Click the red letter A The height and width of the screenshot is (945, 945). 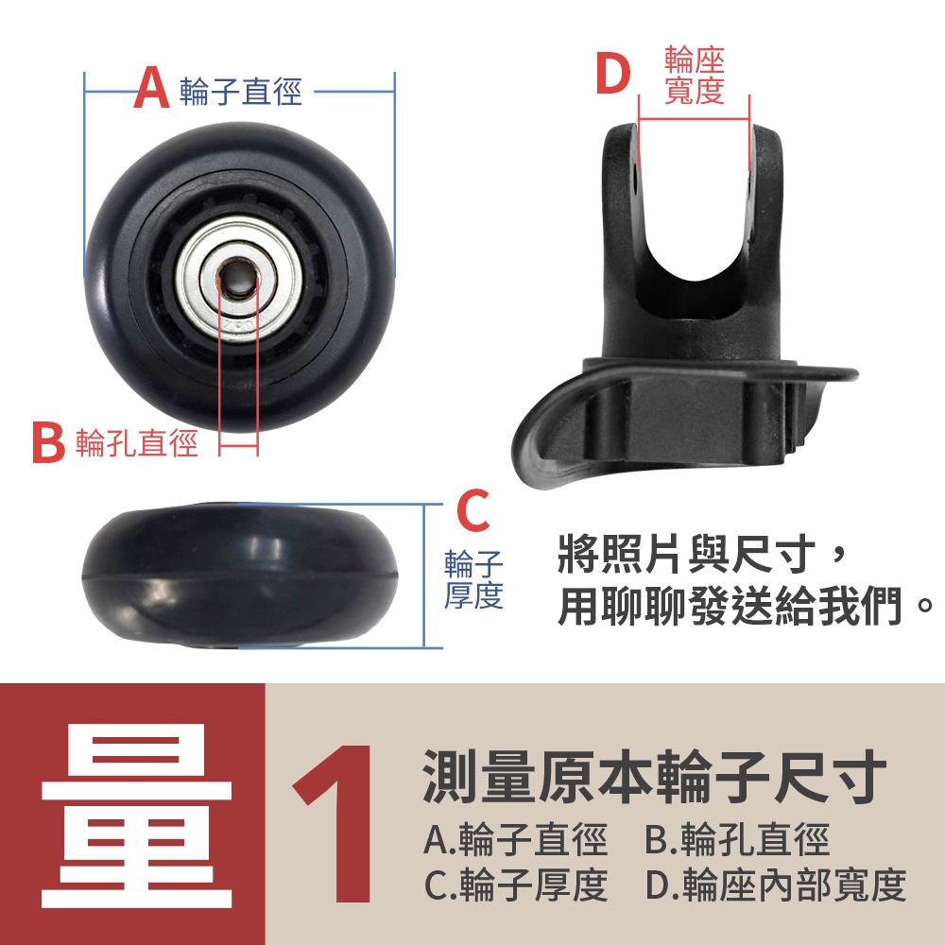click(x=151, y=88)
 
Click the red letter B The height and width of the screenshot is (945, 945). click(x=48, y=443)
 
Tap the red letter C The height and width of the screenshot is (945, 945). click(x=473, y=510)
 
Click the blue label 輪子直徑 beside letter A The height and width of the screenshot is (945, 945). click(x=240, y=92)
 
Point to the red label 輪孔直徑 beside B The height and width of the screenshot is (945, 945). click(x=137, y=443)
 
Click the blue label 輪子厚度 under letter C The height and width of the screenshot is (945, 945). click(x=473, y=579)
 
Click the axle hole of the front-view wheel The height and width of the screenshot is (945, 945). click(x=238, y=277)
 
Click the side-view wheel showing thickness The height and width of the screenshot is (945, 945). click(x=240, y=576)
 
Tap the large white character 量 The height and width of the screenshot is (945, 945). click(x=137, y=816)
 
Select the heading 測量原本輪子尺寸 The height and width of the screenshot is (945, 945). click(x=655, y=776)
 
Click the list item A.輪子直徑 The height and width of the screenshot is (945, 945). click(x=515, y=839)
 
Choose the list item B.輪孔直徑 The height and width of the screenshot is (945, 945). click(x=737, y=839)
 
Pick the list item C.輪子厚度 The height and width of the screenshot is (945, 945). click(x=515, y=885)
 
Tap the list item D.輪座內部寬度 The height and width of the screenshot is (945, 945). click(x=776, y=885)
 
